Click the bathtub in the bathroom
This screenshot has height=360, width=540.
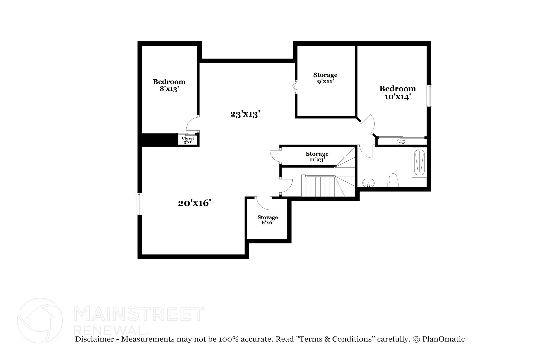pyautogui.click(x=419, y=162)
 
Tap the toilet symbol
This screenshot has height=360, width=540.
pyautogui.click(x=393, y=180)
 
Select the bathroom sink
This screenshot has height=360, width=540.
pyautogui.click(x=368, y=182)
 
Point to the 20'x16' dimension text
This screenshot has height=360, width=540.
pyautogui.click(x=195, y=203)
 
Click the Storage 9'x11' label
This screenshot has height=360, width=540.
pyautogui.click(x=325, y=78)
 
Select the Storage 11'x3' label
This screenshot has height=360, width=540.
pyautogui.click(x=317, y=157)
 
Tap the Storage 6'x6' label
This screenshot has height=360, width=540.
pyautogui.click(x=267, y=220)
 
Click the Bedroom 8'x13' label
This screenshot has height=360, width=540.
pyautogui.click(x=169, y=85)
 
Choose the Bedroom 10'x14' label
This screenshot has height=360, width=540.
pyautogui.click(x=397, y=93)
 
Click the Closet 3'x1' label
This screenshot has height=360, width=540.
pyautogui.click(x=188, y=140)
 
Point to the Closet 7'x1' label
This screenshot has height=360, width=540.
pyautogui.click(x=402, y=142)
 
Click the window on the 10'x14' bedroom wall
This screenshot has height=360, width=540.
pyautogui.click(x=430, y=95)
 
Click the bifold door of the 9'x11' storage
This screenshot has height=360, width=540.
pyautogui.click(x=295, y=86)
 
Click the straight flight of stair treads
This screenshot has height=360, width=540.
pyautogui.click(x=318, y=186)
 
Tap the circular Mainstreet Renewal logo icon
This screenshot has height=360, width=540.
pyautogui.click(x=40, y=321)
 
